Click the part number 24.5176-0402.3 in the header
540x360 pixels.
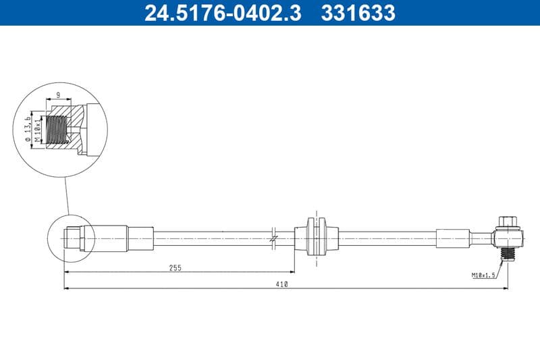[x=223, y=13]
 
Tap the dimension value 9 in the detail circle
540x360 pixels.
[x=59, y=95]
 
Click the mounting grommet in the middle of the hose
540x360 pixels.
[x=316, y=237]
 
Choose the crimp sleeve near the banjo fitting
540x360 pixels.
[x=452, y=238]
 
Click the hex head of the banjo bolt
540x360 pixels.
[x=507, y=221]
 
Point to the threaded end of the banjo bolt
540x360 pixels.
[x=507, y=254]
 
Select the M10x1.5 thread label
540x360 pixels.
[x=483, y=275]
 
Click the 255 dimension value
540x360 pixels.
[x=176, y=267]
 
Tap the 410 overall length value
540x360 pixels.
[x=283, y=284]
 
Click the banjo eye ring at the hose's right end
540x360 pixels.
[x=507, y=238]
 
